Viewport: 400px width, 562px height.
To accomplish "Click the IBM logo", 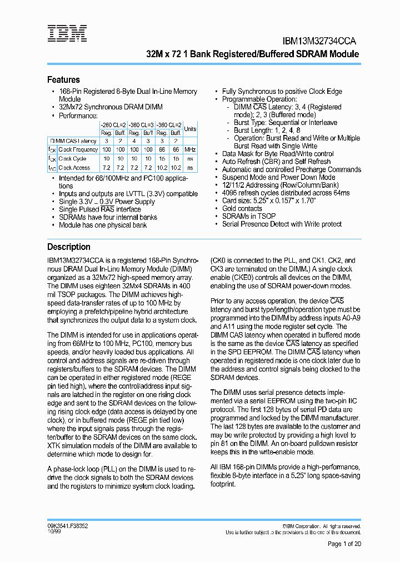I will click(x=67, y=33).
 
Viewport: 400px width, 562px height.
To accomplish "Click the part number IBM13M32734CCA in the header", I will click(x=319, y=41).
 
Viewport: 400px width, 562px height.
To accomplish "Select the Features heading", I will click(x=63, y=79).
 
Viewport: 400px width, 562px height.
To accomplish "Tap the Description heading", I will click(x=68, y=247).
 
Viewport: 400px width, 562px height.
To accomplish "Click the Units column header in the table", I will click(x=190, y=128).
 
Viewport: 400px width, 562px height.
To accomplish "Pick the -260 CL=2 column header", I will click(x=113, y=125).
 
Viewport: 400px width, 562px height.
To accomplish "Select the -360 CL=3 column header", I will click(x=169, y=125).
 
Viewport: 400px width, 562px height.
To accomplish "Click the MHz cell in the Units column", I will click(x=190, y=149).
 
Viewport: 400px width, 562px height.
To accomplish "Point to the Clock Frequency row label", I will click(x=78, y=149).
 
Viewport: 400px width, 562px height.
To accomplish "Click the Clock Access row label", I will click(x=74, y=167).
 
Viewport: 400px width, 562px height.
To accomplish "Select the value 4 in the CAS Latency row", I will click(x=134, y=141).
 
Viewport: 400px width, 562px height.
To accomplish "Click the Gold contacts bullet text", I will click(x=242, y=208).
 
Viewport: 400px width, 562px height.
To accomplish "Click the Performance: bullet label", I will click(x=78, y=116).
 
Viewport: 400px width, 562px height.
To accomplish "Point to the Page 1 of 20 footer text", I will click(x=344, y=544).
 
